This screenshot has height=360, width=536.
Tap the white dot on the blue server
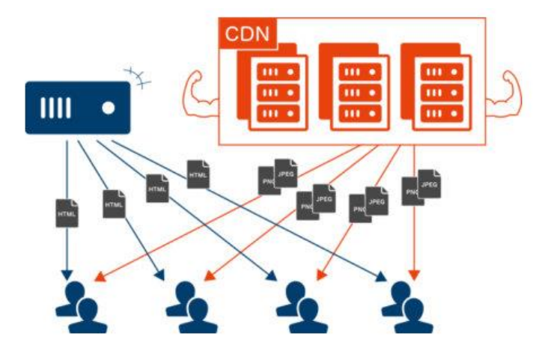[x=109, y=108]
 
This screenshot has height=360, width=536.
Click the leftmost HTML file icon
[x=67, y=213]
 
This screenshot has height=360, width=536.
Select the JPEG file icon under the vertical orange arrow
[x=429, y=184]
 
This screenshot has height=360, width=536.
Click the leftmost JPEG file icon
[x=285, y=174]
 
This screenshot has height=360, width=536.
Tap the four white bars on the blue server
[x=55, y=108]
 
